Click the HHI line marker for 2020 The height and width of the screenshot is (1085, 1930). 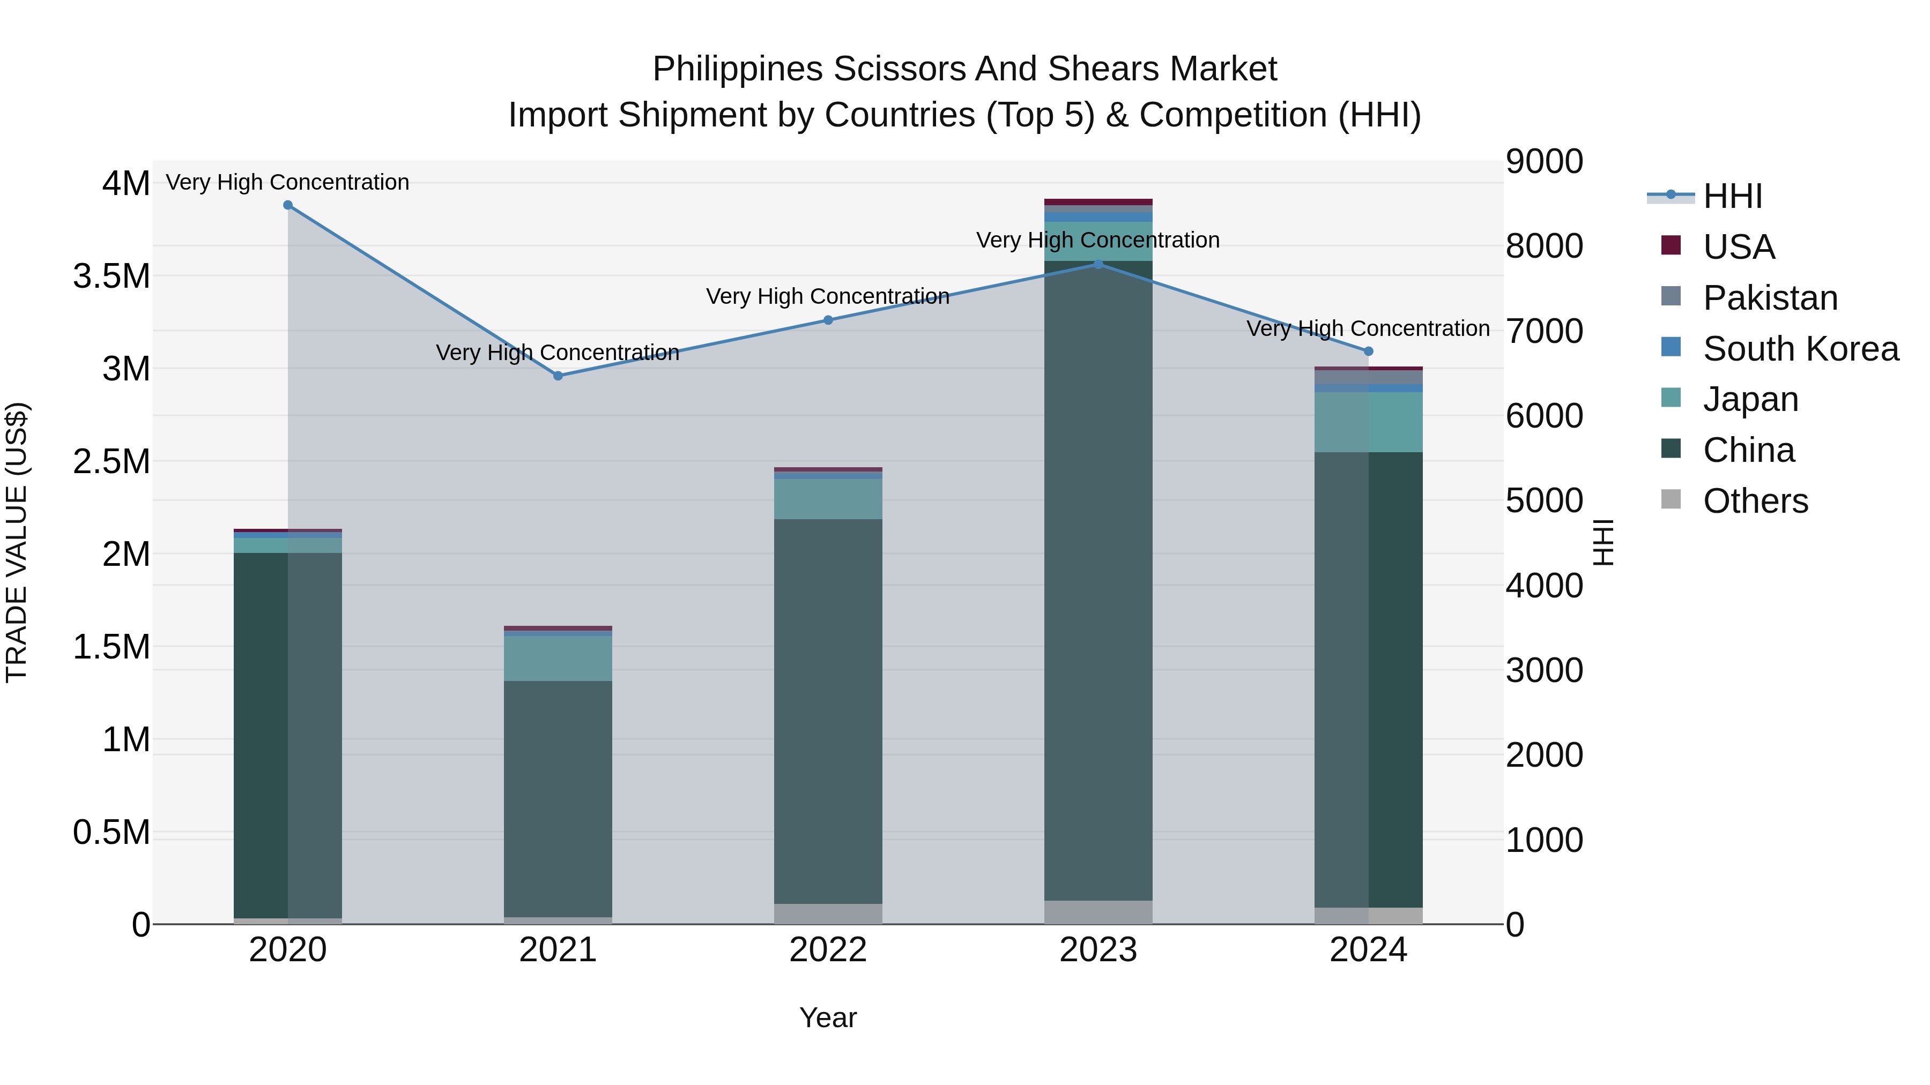pyautogui.click(x=288, y=205)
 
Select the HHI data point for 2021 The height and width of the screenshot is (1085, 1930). pyautogui.click(x=558, y=376)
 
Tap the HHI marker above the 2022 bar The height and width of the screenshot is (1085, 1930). pyautogui.click(x=828, y=320)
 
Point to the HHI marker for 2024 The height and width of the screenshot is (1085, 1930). pyautogui.click(x=1368, y=351)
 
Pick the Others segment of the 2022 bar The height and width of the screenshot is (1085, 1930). pyautogui.click(x=828, y=914)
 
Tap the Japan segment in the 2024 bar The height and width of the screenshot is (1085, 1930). pyautogui.click(x=1368, y=422)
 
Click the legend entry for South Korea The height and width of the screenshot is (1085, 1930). pyautogui.click(x=1800, y=349)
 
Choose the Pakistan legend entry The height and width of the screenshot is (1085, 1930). pyautogui.click(x=1770, y=298)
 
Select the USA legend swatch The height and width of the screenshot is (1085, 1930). pyautogui.click(x=1671, y=245)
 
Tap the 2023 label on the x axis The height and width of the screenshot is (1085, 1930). pyautogui.click(x=1098, y=950)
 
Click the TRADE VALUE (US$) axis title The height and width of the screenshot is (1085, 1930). pyautogui.click(x=17, y=543)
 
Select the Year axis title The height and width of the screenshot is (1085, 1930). pyautogui.click(x=828, y=1017)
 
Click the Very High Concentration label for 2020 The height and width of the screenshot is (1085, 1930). pyautogui.click(x=288, y=182)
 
